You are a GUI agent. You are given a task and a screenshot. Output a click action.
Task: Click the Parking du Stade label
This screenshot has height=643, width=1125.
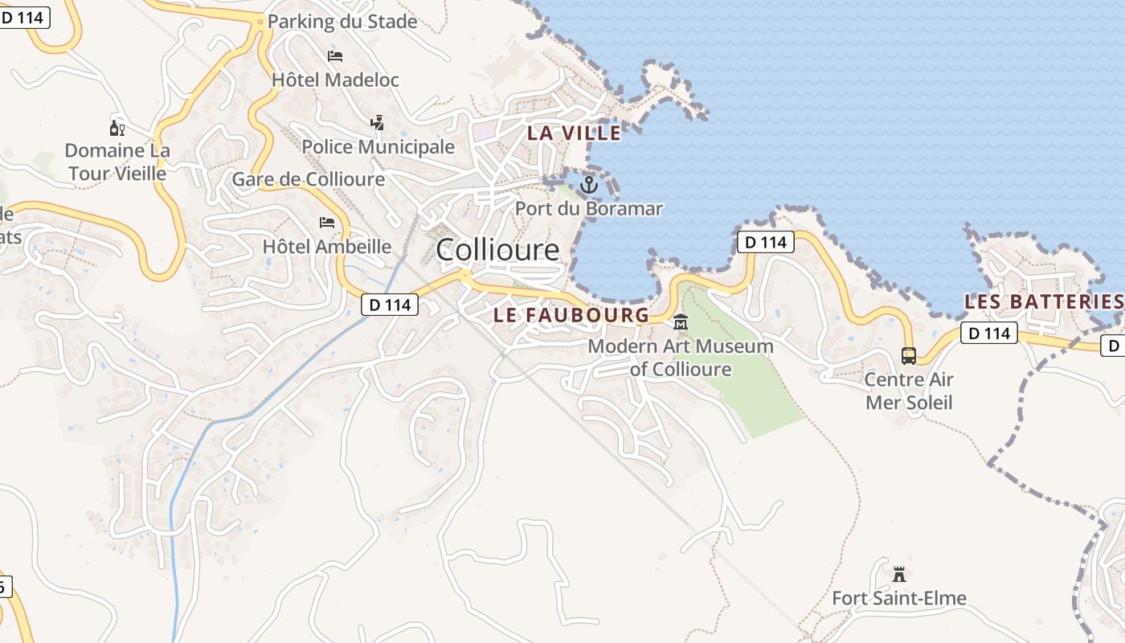(342, 22)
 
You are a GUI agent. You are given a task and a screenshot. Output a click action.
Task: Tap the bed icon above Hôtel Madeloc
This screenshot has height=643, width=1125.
(335, 55)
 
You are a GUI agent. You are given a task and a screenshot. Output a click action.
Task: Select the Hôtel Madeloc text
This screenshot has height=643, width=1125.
(335, 80)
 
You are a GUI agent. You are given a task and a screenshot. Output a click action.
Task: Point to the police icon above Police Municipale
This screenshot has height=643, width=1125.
(377, 122)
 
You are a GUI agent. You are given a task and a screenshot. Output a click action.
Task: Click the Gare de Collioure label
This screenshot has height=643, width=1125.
(309, 179)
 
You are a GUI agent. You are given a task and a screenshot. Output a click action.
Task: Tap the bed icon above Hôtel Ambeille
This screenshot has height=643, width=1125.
(327, 222)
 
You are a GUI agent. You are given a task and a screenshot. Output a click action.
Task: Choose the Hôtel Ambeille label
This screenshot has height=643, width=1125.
(327, 247)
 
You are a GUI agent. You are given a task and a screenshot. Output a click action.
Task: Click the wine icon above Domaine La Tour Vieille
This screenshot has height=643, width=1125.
(117, 128)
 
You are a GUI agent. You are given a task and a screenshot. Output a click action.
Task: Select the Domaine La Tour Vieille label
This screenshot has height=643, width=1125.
(117, 162)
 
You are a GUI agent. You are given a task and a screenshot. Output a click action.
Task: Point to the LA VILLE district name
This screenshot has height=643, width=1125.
(574, 133)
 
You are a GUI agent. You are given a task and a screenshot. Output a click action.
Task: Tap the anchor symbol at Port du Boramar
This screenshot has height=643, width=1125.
(589, 185)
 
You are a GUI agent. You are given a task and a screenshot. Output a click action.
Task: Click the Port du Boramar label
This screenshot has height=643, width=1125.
(589, 209)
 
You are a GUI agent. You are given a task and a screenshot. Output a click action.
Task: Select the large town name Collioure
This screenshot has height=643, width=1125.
(497, 250)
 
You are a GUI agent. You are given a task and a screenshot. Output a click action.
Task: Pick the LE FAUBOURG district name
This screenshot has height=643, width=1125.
(571, 315)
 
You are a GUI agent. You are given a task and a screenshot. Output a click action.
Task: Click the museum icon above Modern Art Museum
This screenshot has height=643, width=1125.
(681, 322)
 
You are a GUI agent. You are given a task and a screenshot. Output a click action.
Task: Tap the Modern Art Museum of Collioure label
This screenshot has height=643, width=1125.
(681, 358)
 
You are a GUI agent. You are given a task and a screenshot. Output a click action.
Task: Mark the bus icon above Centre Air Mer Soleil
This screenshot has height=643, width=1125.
(909, 355)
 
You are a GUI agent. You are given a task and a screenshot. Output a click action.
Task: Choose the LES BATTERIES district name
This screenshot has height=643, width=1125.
(1043, 302)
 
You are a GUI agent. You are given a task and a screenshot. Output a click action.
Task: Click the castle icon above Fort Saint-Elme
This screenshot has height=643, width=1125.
(899, 574)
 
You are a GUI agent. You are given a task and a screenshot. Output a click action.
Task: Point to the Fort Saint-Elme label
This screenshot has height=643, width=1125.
(899, 599)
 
